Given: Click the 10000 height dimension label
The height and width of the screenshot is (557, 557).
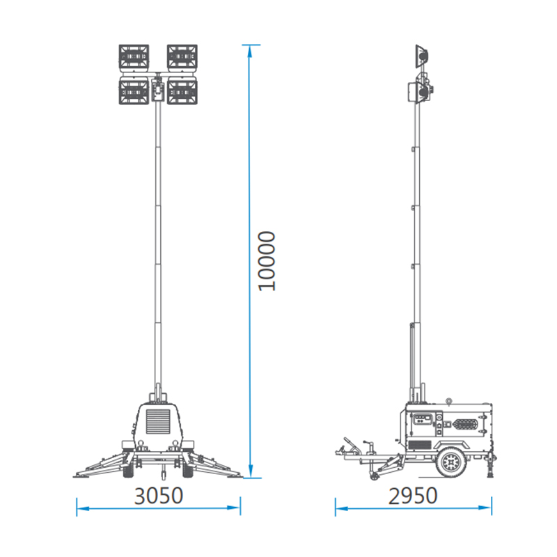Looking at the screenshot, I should coord(267,260).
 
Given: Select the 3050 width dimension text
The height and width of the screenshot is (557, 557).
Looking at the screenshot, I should coord(159,496).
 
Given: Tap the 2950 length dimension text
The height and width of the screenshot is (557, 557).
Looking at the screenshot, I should coord(414,496).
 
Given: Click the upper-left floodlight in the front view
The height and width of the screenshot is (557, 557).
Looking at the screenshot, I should coord(134,58).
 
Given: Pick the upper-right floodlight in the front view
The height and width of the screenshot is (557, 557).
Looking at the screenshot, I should coord(181,58).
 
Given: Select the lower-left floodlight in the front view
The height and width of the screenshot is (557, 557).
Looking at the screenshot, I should coord(134,91).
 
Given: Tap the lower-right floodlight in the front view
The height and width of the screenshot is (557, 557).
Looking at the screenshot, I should coord(181,91).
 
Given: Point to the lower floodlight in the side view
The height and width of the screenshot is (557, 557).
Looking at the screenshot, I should coord(420,91).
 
